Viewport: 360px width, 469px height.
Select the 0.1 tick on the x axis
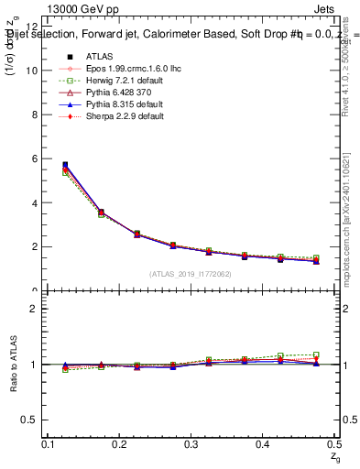49,444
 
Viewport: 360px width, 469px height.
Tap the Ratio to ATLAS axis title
13,365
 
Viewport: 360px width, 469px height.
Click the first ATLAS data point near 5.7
64,165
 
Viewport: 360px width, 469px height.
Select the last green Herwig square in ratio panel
316,354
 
